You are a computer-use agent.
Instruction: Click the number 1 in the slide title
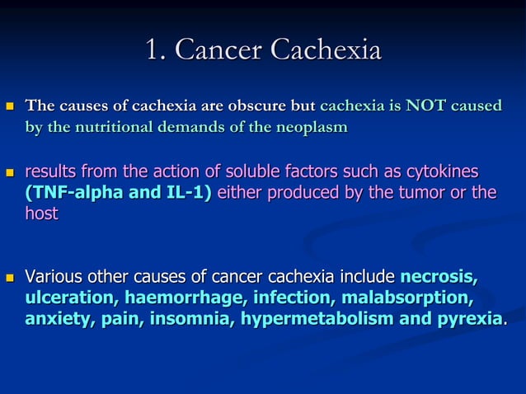tap(151, 51)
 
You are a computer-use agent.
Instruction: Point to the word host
tap(41, 213)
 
